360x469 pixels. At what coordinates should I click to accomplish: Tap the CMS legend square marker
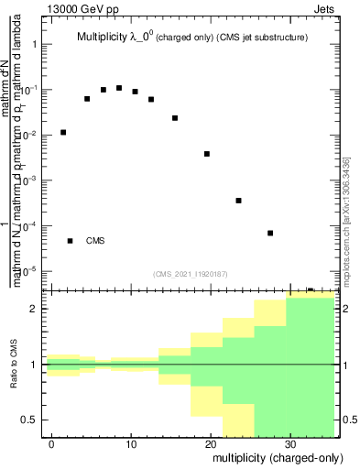[x=70, y=241]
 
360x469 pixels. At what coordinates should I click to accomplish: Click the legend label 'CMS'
[x=95, y=241]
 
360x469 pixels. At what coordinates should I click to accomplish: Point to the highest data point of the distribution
[x=119, y=88]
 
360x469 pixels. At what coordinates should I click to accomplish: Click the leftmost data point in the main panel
[x=63, y=132]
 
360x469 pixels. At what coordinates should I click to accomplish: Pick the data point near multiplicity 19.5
[x=207, y=154]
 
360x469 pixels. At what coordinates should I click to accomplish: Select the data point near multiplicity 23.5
[x=238, y=201]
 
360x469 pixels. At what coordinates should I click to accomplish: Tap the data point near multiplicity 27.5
[x=270, y=233]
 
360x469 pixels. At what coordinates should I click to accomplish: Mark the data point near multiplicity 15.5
[x=175, y=118]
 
